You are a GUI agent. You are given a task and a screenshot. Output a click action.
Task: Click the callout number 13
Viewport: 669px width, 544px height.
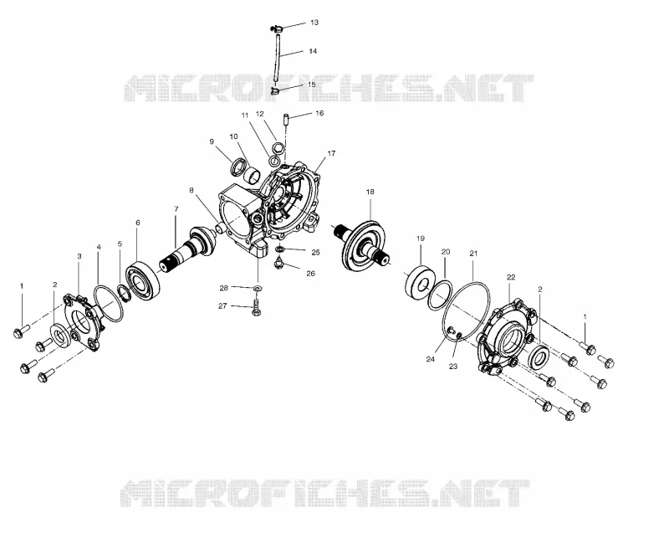click(x=314, y=23)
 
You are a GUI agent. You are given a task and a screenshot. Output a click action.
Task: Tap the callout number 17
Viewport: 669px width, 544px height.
click(x=331, y=153)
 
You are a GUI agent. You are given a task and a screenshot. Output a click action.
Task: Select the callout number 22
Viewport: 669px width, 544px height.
click(x=511, y=277)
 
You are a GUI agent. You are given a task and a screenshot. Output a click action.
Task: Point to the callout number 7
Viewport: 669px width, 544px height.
click(x=176, y=208)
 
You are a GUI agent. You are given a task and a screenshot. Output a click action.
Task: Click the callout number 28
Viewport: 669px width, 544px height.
click(x=224, y=288)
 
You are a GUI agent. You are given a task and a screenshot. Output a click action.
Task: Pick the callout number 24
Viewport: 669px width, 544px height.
click(x=430, y=359)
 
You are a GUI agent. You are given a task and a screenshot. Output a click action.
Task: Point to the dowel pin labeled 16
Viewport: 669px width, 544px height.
click(x=286, y=118)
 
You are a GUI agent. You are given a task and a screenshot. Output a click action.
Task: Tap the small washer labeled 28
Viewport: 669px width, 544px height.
click(x=258, y=288)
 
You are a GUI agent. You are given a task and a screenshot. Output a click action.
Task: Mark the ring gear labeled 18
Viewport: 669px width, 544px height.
click(x=366, y=244)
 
